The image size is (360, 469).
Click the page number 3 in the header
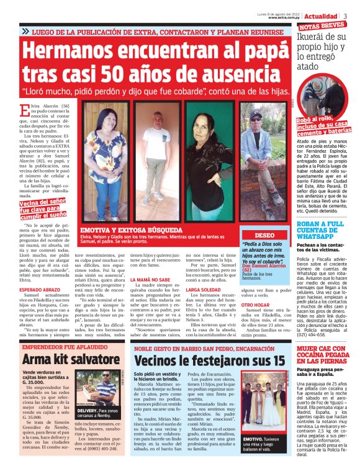point(345,16)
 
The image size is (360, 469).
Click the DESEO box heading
point(264,236)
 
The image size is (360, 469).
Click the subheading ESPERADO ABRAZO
point(41,290)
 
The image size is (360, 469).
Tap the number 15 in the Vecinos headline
point(276,360)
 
